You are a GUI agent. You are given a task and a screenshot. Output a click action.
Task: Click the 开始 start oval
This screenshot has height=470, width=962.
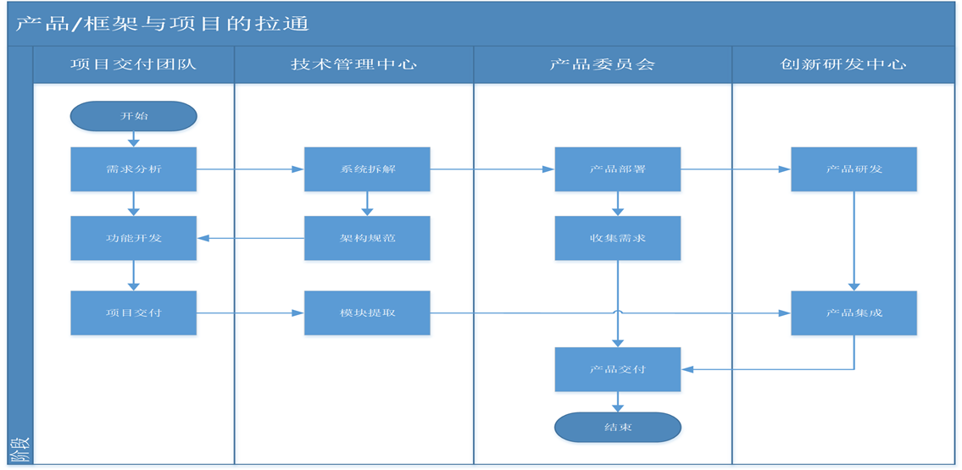pos(133,116)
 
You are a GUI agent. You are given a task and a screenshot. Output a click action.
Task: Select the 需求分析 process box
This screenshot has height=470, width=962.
pos(133,169)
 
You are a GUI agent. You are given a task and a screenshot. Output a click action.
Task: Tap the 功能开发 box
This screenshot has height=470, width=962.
pos(133,238)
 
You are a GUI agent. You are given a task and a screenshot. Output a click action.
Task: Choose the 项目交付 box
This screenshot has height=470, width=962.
pos(133,312)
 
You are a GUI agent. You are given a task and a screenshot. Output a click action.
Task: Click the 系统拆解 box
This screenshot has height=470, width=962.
pos(367,169)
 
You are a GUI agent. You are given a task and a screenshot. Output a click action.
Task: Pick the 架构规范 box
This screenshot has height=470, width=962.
pos(367,238)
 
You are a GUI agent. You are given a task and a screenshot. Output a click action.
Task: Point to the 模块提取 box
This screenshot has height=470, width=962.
pos(367,312)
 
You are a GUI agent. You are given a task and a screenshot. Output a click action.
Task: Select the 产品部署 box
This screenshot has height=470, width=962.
pos(617,169)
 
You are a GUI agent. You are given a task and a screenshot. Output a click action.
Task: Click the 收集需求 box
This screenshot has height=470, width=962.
pos(617,238)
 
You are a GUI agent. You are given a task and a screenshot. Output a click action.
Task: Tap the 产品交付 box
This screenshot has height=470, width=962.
pos(617,369)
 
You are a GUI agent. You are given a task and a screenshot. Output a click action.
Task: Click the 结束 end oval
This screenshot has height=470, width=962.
pos(617,428)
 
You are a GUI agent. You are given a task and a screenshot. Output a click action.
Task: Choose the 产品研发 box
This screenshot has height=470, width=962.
pos(854,169)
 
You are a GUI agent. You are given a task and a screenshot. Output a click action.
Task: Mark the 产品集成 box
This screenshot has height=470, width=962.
pos(854,312)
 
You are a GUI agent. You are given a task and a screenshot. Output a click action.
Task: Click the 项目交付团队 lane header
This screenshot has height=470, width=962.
pos(133,64)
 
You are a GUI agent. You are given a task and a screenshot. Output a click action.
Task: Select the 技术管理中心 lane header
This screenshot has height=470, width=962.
pos(353,64)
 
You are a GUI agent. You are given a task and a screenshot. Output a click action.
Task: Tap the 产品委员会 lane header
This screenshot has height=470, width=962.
pos(602,64)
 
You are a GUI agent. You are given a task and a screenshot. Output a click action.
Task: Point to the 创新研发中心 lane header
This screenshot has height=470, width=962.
pos(842,64)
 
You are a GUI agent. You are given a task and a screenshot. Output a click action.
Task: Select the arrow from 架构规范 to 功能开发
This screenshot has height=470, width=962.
pos(250,238)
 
